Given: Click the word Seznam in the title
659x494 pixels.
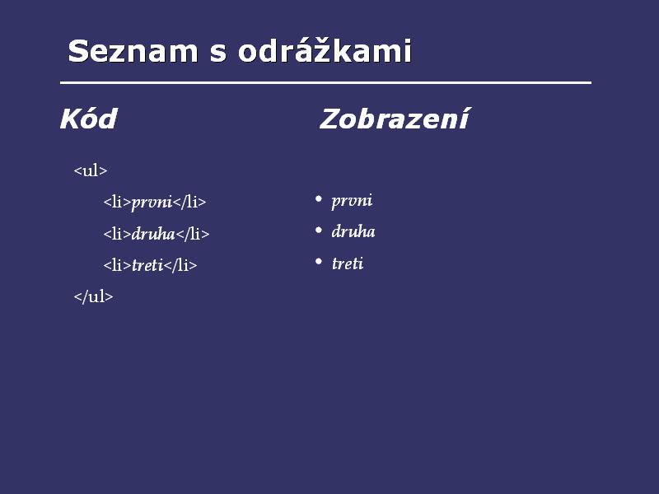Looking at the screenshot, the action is tap(133, 51).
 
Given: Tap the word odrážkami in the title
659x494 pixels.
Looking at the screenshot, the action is tap(325, 50).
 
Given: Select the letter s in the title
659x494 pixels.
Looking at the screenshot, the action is tap(217, 54).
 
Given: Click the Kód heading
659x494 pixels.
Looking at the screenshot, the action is tap(88, 119).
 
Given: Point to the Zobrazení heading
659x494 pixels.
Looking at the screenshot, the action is tap(395, 119).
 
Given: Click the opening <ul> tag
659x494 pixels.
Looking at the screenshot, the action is tap(91, 170).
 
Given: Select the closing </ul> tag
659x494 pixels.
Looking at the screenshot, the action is tap(93, 296).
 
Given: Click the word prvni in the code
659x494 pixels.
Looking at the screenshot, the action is tap(152, 203).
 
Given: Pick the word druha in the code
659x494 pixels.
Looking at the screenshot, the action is tap(153, 234).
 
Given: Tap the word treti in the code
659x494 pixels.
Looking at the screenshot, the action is tap(147, 265).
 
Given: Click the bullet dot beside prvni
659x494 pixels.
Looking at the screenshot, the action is tap(318, 198).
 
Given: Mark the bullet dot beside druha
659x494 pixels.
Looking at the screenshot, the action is tap(318, 230).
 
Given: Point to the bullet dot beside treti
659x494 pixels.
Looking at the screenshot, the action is tap(318, 262).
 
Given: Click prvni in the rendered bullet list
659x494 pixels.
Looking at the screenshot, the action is tap(352, 201).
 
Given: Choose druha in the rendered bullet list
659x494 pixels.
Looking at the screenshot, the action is tap(353, 231).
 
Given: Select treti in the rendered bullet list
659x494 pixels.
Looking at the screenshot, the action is tap(348, 263).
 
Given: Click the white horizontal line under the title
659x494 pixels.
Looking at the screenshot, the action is tap(325, 83).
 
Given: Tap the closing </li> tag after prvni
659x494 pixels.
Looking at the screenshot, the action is tap(189, 202).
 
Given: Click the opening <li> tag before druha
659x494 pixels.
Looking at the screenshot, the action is tap(117, 234).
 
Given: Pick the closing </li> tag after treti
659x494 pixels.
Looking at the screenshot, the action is tap(180, 265).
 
